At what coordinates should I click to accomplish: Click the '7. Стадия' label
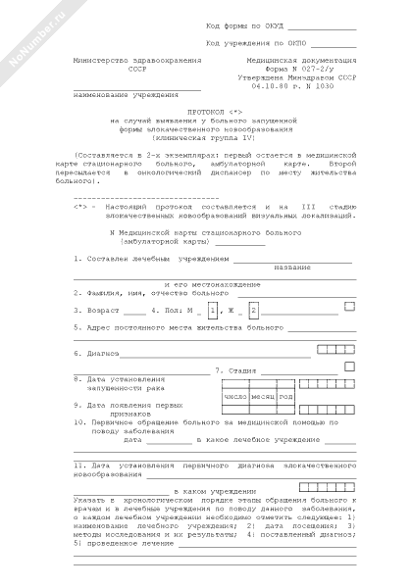click(x=236, y=371)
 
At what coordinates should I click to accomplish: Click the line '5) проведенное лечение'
click(x=116, y=542)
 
